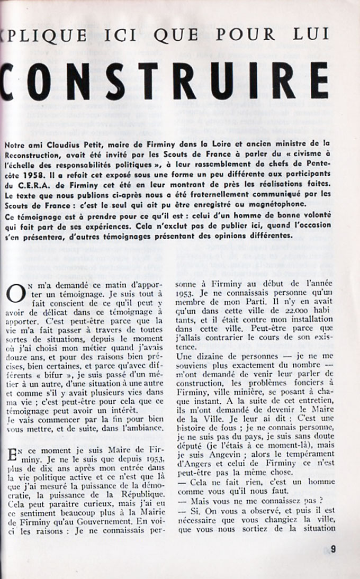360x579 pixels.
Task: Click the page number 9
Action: point(333,549)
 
